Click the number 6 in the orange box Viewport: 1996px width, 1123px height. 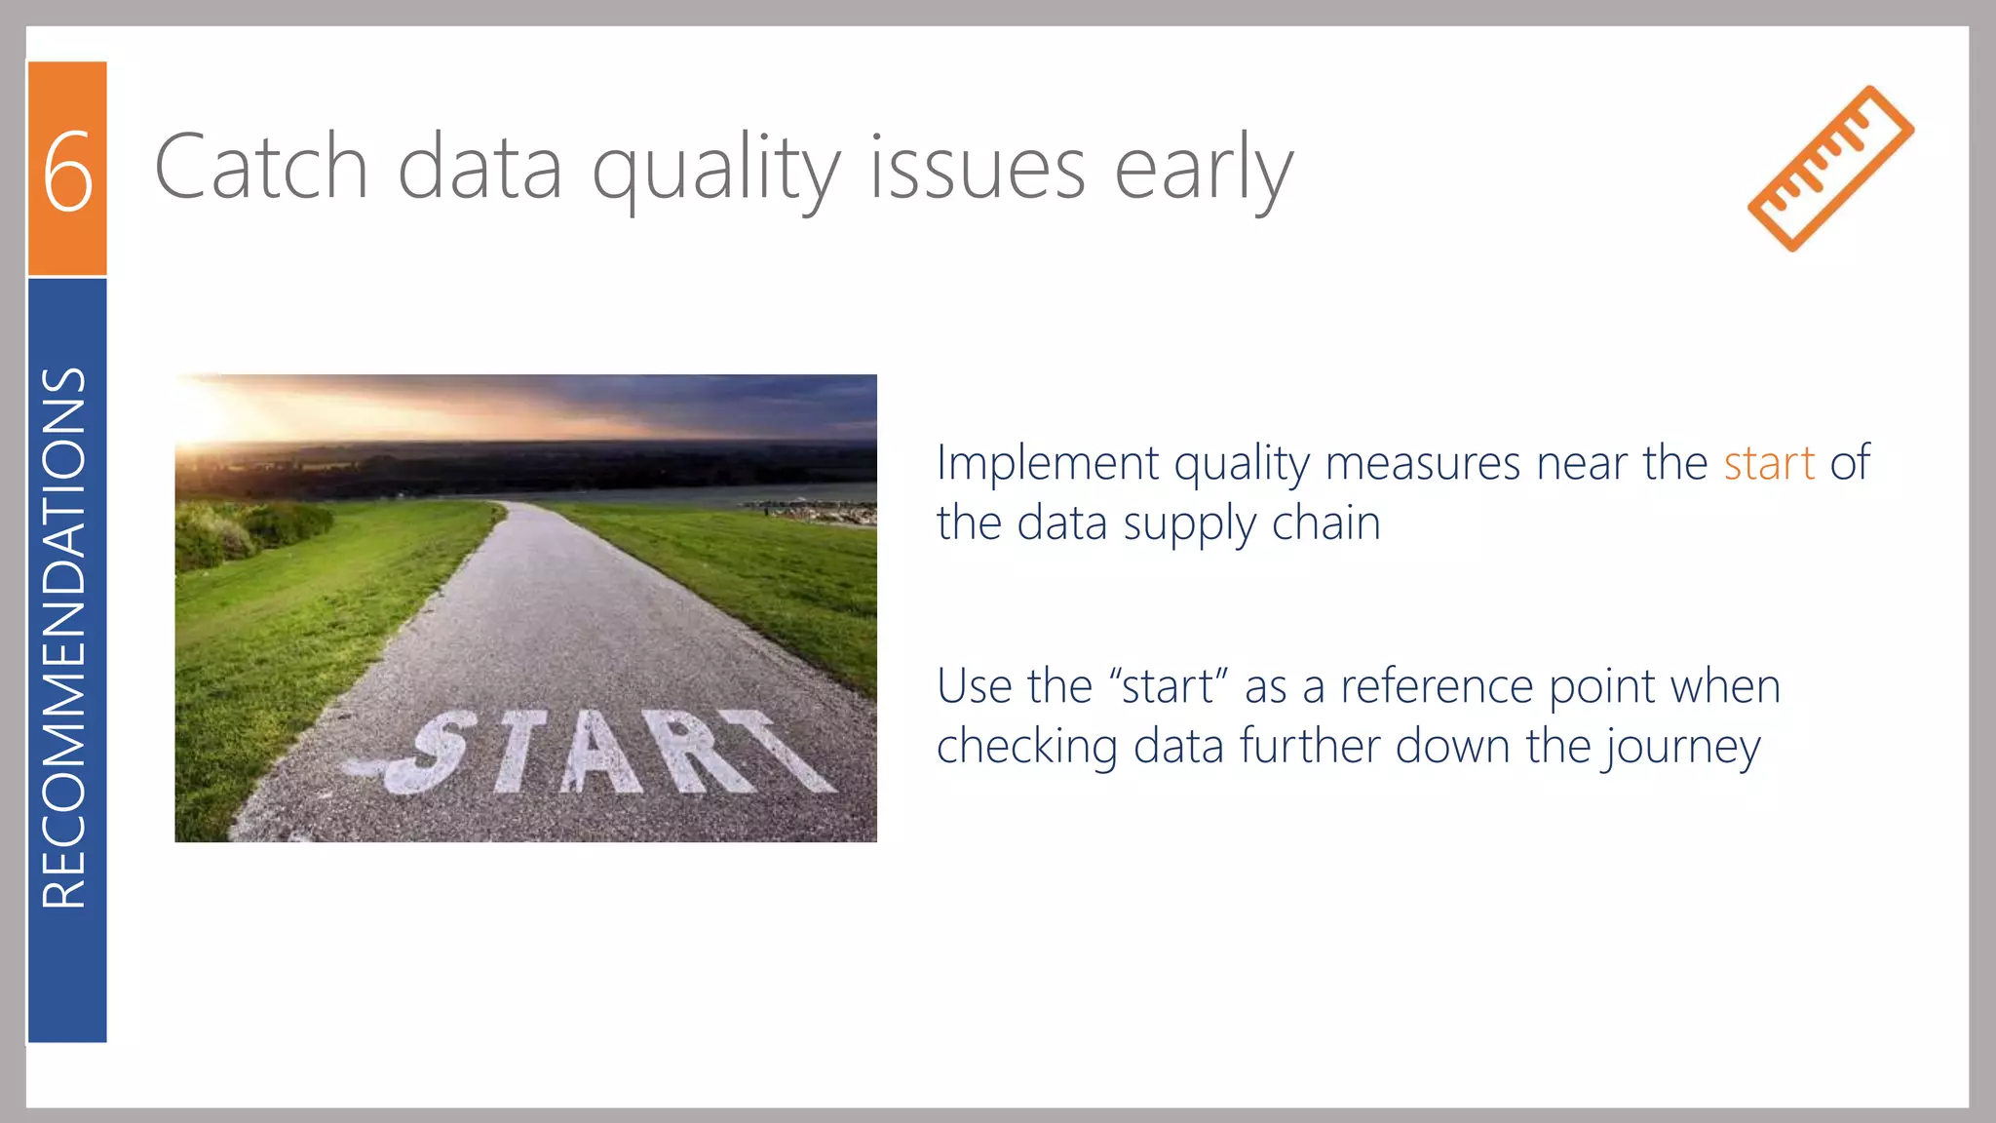click(x=67, y=171)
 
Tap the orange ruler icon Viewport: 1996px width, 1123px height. click(x=1830, y=168)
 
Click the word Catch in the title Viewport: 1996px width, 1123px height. click(x=260, y=168)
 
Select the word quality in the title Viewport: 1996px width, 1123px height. click(x=715, y=171)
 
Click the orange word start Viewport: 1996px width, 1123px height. click(x=1768, y=463)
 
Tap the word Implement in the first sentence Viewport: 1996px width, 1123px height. click(x=1047, y=463)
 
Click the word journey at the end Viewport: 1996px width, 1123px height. click(x=1683, y=748)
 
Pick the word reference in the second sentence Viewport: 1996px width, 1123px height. click(x=1437, y=686)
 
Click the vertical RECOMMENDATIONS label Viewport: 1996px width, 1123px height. click(x=65, y=639)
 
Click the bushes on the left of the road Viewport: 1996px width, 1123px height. click(x=244, y=531)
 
